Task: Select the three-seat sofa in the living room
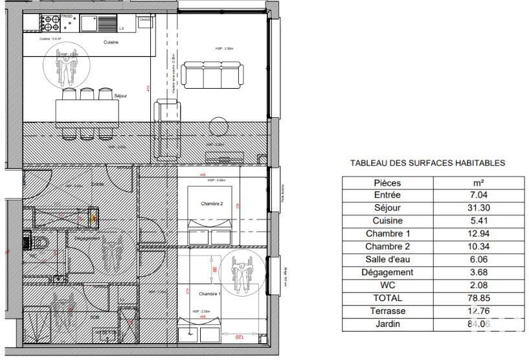click(x=213, y=74)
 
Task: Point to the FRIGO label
click(x=67, y=14)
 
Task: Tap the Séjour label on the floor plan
click(x=120, y=96)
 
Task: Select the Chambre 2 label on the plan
click(x=212, y=204)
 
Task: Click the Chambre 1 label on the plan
click(x=209, y=294)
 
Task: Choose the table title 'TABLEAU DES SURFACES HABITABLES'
click(x=427, y=164)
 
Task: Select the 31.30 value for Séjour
click(x=484, y=208)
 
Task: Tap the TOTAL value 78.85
click(x=484, y=298)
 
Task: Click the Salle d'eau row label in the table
click(x=388, y=259)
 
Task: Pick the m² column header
click(x=484, y=183)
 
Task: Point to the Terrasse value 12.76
click(x=484, y=311)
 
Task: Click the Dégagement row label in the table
click(x=388, y=272)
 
